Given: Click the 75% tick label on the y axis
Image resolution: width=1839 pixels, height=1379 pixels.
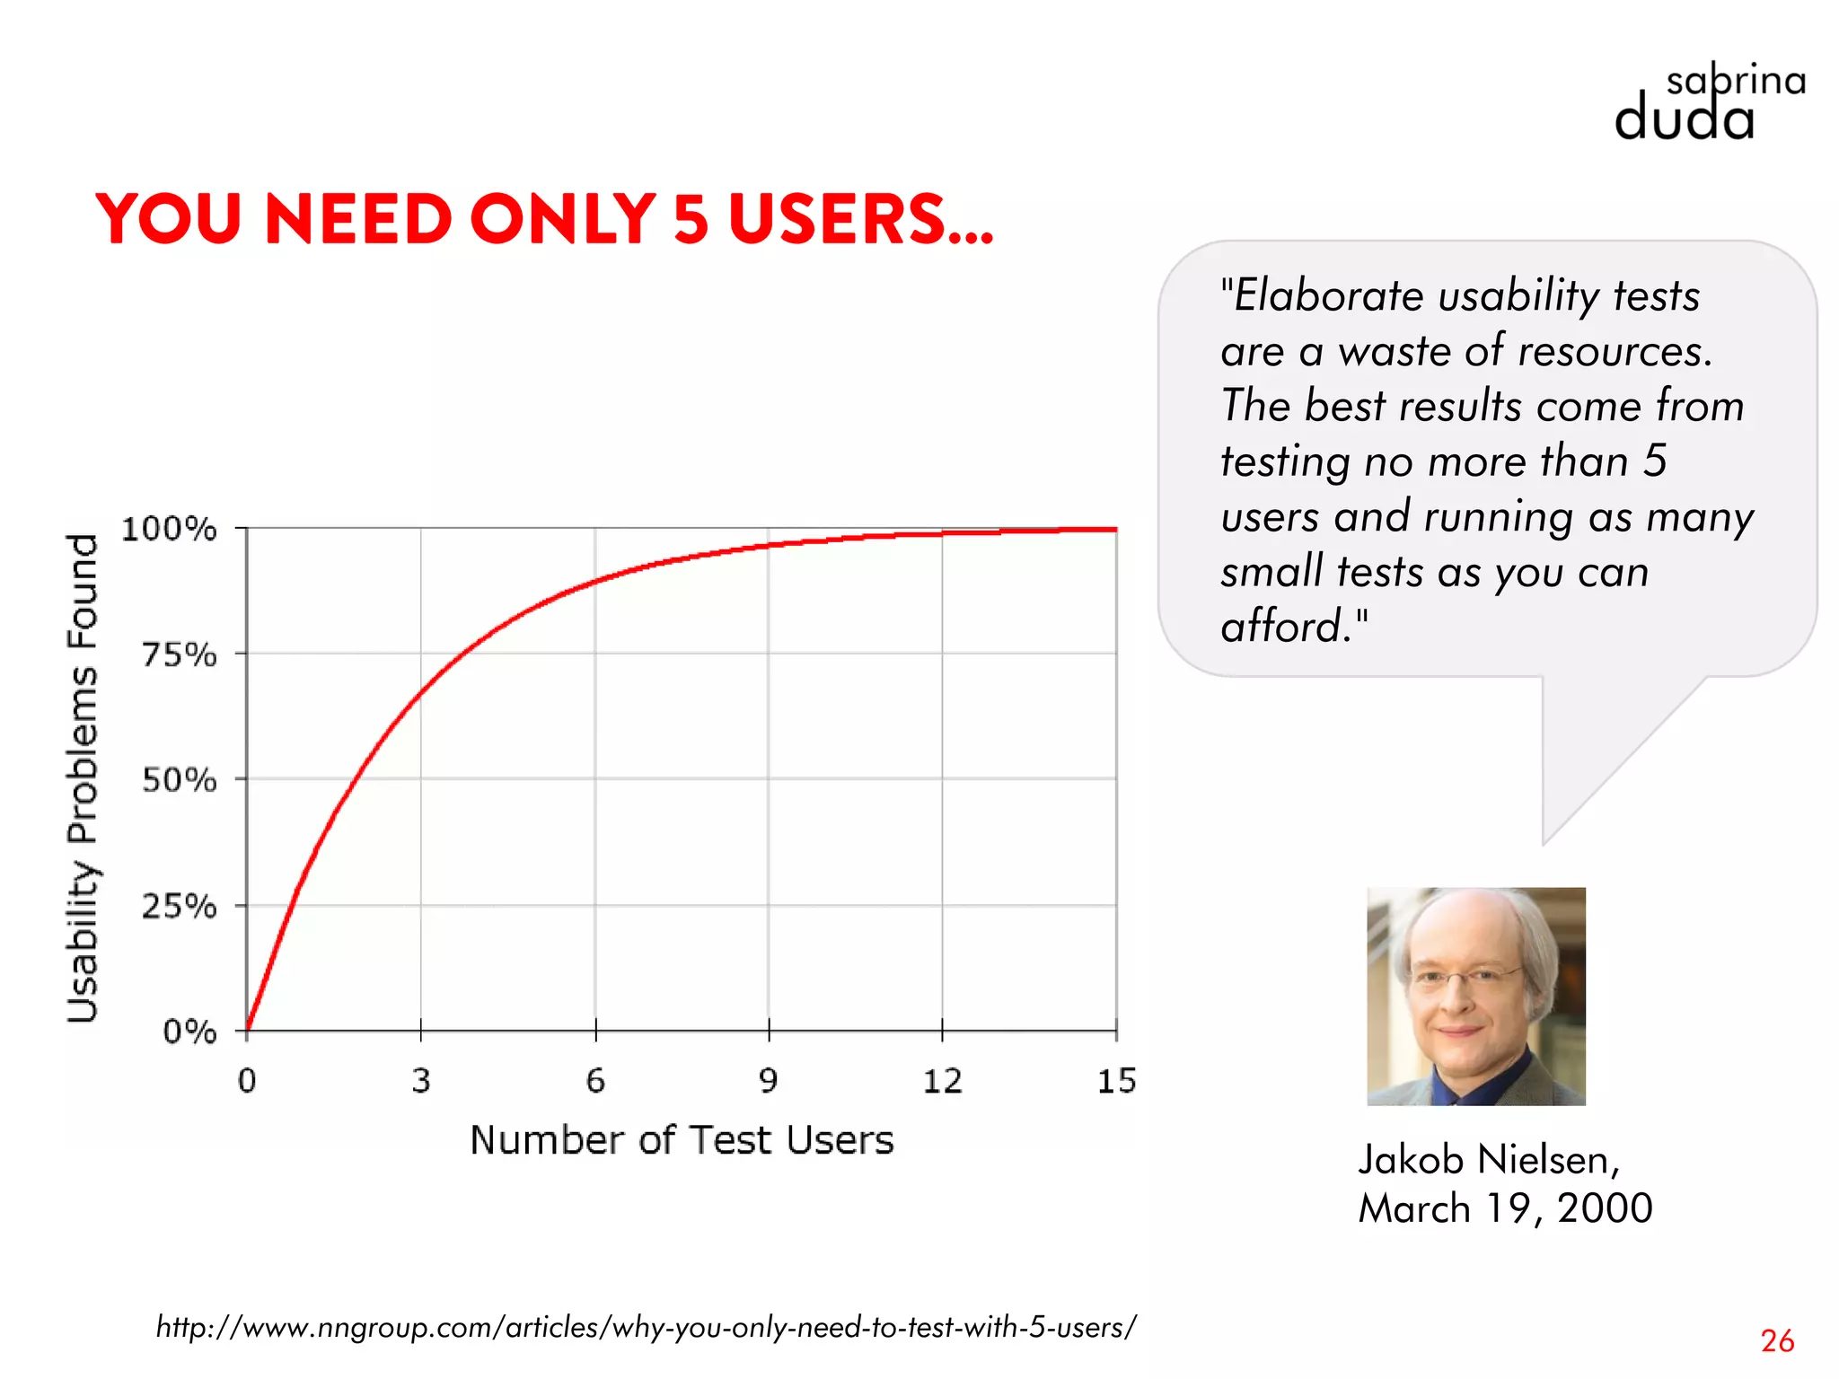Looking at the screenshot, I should coord(179,654).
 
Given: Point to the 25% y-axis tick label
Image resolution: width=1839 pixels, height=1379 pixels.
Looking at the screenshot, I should coord(179,906).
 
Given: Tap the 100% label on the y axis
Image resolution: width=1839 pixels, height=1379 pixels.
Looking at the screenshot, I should coord(169,529).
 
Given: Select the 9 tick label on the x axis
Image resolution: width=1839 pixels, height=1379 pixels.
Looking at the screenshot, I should coord(768,1081).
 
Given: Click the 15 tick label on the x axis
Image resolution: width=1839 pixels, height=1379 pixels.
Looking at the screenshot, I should coord(1116,1081).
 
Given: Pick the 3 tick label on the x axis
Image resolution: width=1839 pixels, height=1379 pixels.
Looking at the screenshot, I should coord(421,1081).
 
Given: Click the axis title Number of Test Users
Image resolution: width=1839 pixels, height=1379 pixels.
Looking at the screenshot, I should coord(682,1140).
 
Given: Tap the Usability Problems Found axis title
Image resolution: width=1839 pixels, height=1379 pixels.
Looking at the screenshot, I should coord(83,777).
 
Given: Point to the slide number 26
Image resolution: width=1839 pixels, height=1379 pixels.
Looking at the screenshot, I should coord(1777,1340).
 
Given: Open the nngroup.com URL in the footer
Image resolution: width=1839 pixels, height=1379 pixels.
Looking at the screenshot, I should coord(646,1326).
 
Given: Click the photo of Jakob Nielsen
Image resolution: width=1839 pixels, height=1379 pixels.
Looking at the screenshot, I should coord(1475,996).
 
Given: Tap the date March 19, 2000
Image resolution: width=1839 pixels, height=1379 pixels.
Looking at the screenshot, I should coord(1505,1208).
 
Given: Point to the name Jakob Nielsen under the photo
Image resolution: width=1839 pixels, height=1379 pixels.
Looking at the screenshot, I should coord(1488,1159).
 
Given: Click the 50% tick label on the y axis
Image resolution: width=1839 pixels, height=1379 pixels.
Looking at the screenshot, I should coord(179,780).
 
